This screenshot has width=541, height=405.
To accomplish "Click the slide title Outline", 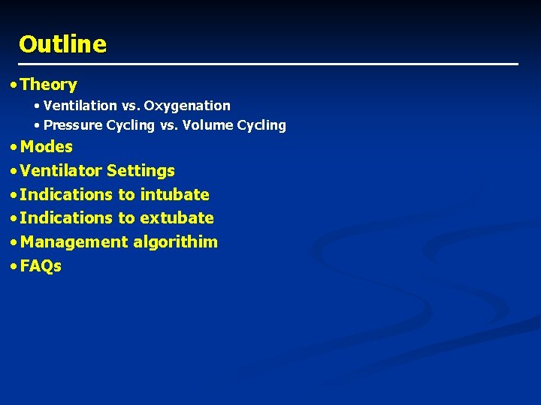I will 62,44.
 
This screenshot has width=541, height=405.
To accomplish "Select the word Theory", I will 49,85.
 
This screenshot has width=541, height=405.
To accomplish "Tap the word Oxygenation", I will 187,106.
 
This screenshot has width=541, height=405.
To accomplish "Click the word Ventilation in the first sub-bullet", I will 80,106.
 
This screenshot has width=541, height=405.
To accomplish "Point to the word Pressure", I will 73,125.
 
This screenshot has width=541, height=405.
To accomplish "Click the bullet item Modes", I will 47,147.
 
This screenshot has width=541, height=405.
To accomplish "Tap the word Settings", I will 141,171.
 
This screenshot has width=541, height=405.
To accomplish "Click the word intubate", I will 174,195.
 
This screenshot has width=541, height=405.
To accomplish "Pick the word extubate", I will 177,218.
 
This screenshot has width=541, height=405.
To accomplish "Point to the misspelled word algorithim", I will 176,242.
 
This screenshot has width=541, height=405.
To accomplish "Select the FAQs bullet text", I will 41,266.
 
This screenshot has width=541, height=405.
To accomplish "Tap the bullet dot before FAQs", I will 14,267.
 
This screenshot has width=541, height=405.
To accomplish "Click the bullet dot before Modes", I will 14,148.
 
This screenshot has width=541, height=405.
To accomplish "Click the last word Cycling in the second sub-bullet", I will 261,125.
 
